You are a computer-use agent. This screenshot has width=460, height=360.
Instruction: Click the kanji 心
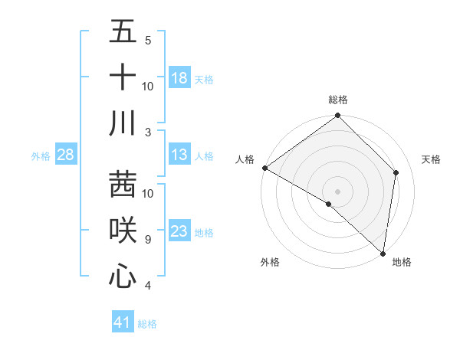(123, 275)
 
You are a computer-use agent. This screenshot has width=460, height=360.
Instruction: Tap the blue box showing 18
(179, 78)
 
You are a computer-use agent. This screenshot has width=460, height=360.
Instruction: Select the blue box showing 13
(179, 155)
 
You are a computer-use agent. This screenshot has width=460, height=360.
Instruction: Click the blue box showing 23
(179, 231)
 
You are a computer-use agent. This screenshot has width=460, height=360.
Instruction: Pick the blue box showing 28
(65, 155)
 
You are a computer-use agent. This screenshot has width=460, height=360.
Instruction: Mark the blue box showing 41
(123, 322)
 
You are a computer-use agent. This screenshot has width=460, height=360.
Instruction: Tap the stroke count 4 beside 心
(148, 286)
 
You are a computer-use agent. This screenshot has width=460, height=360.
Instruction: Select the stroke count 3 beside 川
(148, 133)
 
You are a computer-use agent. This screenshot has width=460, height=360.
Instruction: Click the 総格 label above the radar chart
(338, 100)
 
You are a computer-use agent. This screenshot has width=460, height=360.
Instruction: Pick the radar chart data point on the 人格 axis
(264, 168)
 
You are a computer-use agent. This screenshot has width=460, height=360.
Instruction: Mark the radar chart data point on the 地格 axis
(382, 254)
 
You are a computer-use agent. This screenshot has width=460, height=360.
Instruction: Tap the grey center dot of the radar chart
(337, 191)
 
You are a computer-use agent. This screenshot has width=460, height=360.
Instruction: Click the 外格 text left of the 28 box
(41, 156)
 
